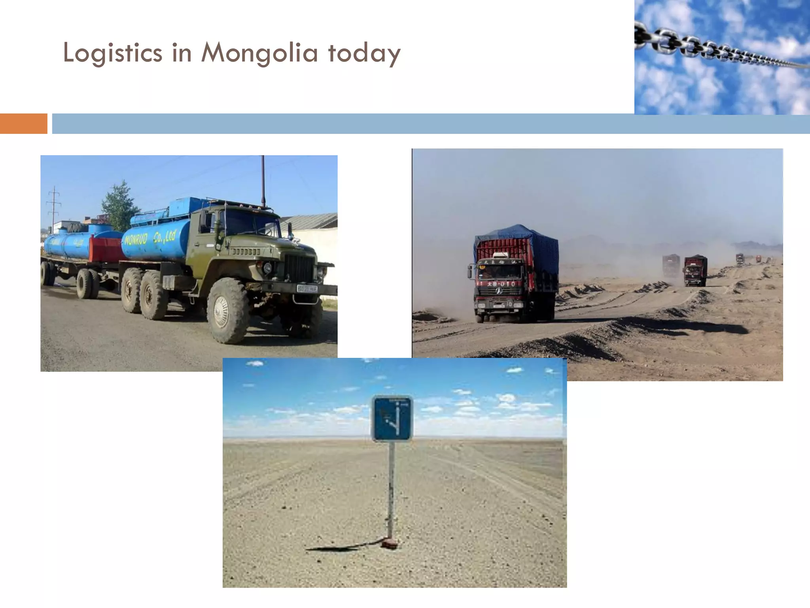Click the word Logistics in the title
(x=112, y=53)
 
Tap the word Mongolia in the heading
(x=259, y=53)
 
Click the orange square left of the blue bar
(x=23, y=123)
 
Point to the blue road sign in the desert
(x=392, y=419)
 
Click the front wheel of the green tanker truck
(x=227, y=311)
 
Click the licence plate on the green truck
(x=307, y=289)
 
